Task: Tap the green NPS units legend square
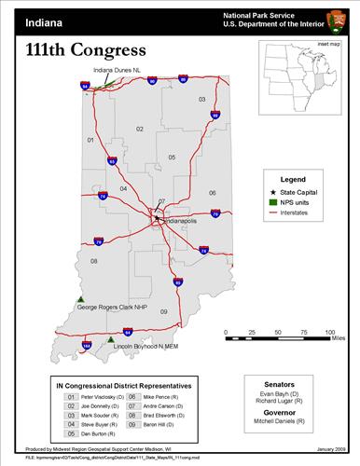click(272, 201)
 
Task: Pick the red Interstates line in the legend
click(272, 212)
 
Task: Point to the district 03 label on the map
click(201, 98)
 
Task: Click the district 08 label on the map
click(94, 261)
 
